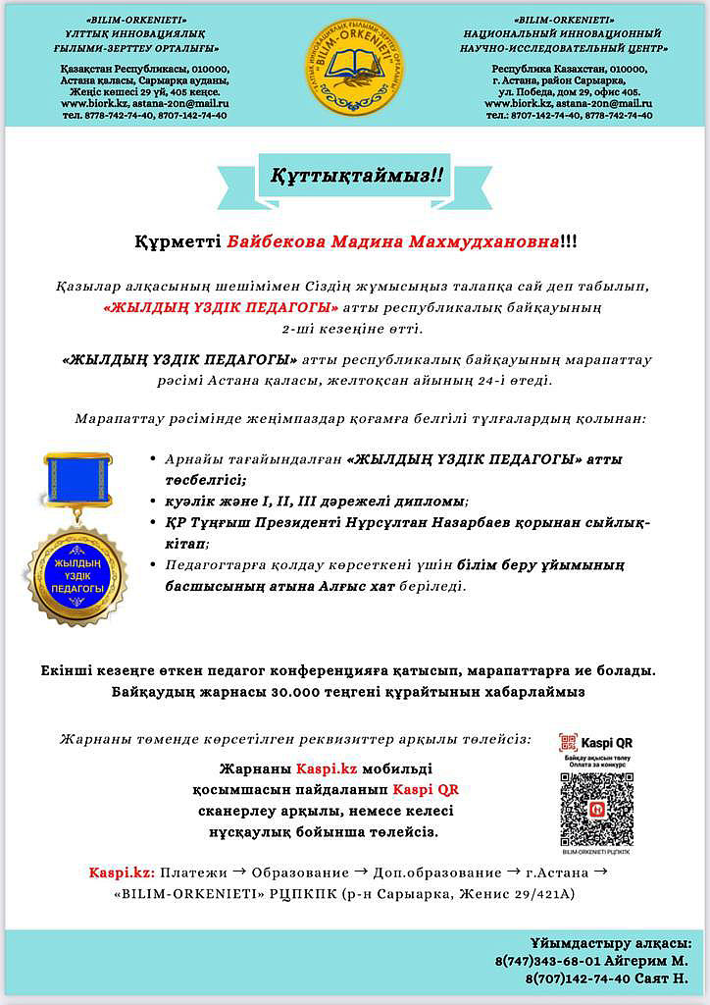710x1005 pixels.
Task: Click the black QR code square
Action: click(595, 810)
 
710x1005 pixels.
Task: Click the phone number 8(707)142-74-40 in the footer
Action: click(573, 979)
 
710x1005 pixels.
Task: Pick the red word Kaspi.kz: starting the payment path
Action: click(122, 872)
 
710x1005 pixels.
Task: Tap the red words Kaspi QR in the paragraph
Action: click(426, 789)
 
